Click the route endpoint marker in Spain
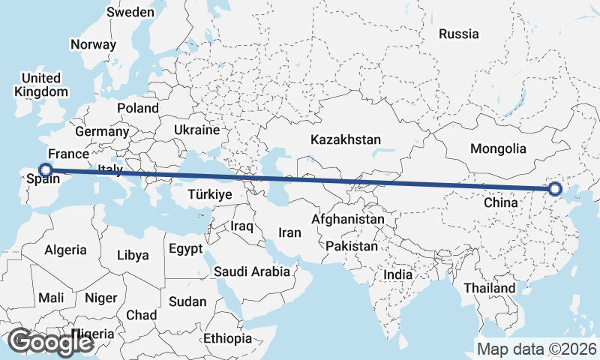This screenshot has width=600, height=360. (45, 170)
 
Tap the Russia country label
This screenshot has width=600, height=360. (458, 34)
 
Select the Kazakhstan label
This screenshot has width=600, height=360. (345, 139)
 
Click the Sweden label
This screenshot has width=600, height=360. (130, 12)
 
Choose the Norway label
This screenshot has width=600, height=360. (93, 44)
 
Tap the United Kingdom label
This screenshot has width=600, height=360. (41, 85)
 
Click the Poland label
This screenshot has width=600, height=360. (137, 108)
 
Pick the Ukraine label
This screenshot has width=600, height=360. (196, 130)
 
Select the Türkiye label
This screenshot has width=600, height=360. (210, 194)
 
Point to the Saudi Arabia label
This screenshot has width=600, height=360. (251, 271)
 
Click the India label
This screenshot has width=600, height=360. (397, 274)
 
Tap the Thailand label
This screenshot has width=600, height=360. (489, 288)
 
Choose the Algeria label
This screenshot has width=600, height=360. (65, 250)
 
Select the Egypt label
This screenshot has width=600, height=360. (186, 248)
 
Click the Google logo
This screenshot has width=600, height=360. (50, 342)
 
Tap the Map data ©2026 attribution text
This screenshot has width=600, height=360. (536, 349)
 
